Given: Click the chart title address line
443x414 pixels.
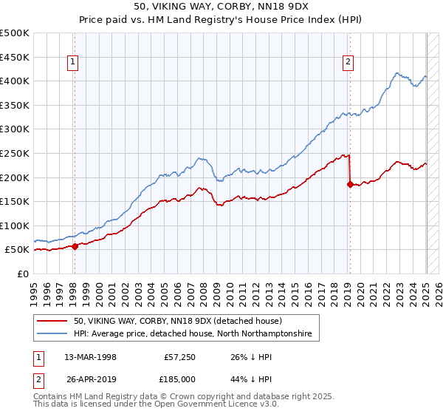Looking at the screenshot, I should point(221,7).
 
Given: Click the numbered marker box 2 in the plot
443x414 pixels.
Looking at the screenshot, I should point(348,63).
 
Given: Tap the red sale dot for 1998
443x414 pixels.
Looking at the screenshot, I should point(75,246).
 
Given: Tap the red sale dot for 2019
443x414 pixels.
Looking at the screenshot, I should point(350,185).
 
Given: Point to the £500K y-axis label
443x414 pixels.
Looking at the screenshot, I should point(15,33).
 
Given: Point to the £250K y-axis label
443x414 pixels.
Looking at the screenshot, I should point(15,153).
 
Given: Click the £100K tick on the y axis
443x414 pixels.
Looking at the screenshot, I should point(15,225).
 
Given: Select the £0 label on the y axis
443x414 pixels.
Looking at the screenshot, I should point(24,274).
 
